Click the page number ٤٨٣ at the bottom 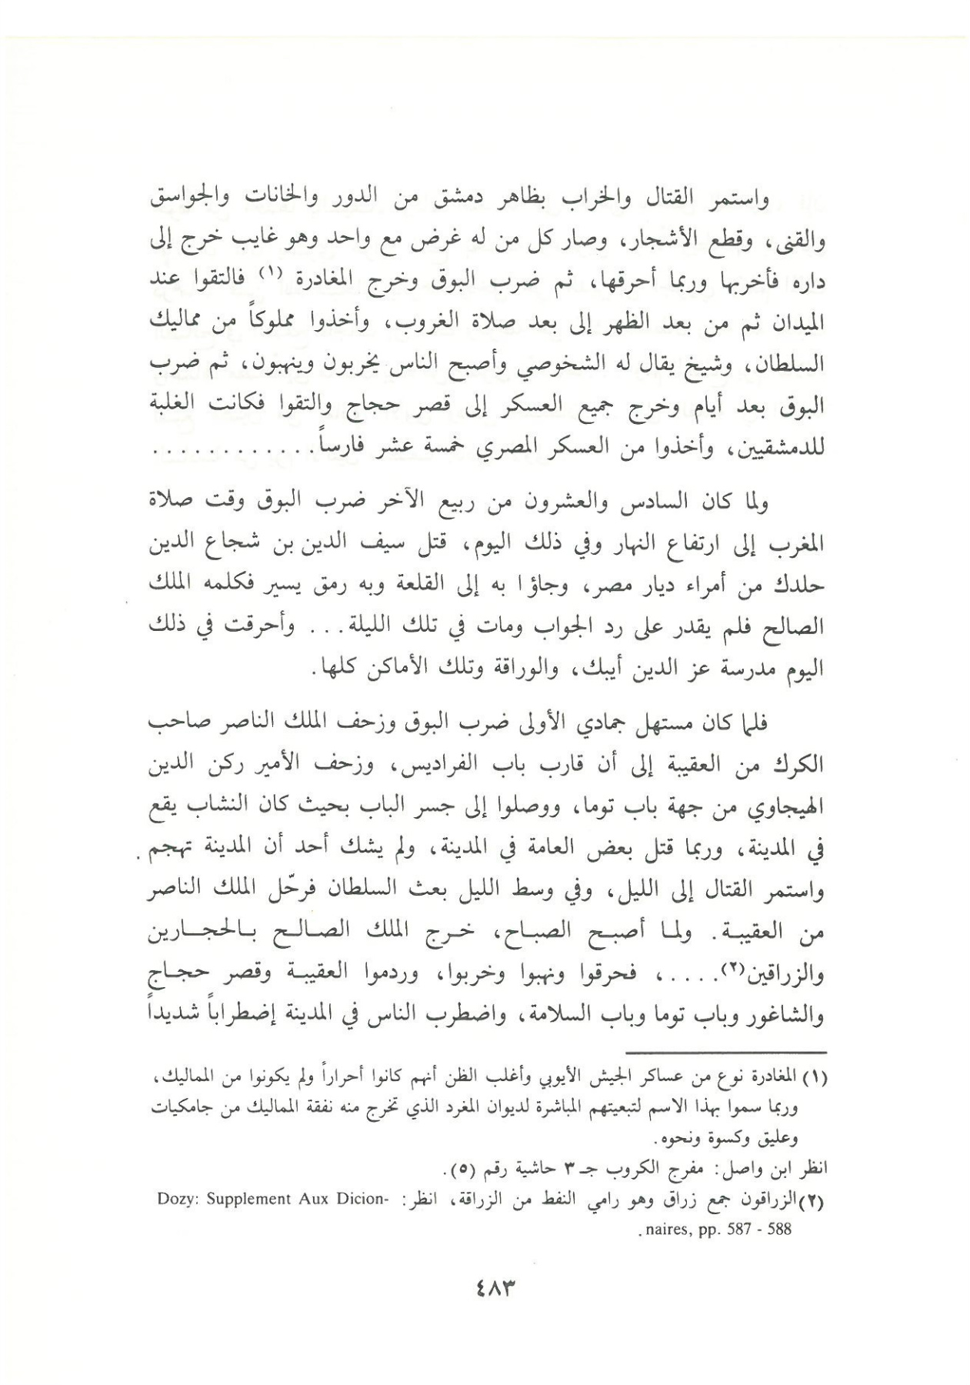tap(486, 1287)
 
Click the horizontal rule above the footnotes tap(726, 1052)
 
